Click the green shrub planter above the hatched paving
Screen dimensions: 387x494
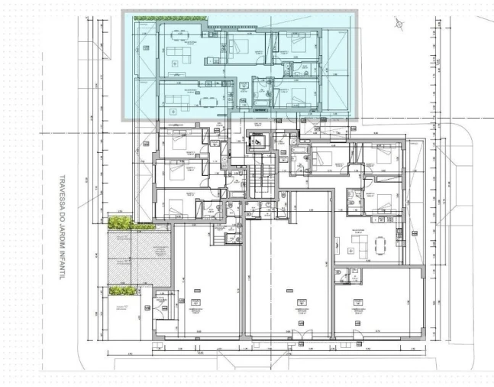(120, 223)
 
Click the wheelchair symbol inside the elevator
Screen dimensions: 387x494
(259, 141)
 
